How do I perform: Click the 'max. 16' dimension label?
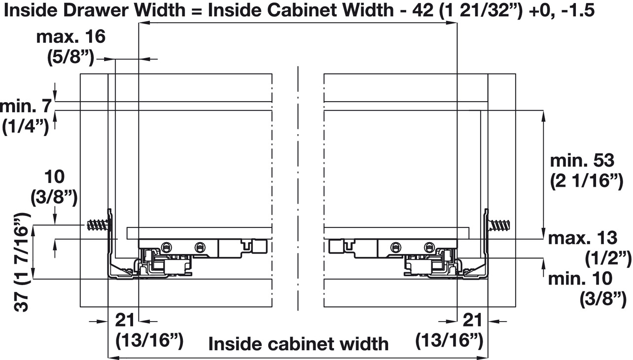pyautogui.click(x=70, y=37)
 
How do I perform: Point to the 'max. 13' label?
pyautogui.click(x=582, y=239)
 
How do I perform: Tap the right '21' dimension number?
pyautogui.click(x=473, y=321)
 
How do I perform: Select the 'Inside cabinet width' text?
pyautogui.click(x=298, y=344)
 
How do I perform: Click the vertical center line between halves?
pyautogui.click(x=298, y=187)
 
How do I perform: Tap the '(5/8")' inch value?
pyautogui.click(x=70, y=58)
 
